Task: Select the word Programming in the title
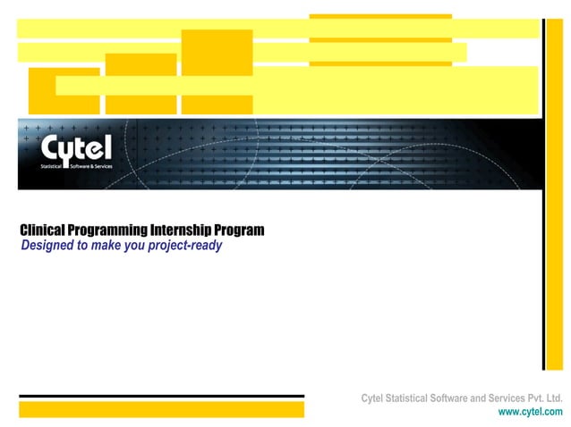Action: click(x=111, y=230)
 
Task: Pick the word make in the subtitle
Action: click(x=114, y=246)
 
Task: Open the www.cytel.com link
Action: click(x=531, y=412)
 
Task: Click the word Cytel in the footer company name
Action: click(x=376, y=398)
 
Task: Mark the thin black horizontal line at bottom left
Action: click(x=161, y=396)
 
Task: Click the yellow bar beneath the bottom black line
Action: click(x=161, y=409)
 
